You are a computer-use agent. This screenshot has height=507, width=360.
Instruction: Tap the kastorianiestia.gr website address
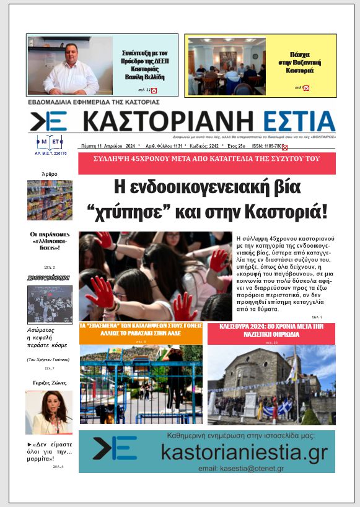coord(244,452)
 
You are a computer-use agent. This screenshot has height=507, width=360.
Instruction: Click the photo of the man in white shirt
coord(70,66)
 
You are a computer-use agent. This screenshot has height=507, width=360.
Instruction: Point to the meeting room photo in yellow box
coord(226,66)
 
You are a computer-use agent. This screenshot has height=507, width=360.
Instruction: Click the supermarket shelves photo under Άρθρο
coord(50,200)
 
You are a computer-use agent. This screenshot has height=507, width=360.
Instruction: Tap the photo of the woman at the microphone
coord(49,412)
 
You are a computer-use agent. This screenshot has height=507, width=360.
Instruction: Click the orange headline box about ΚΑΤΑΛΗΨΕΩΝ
coord(141,332)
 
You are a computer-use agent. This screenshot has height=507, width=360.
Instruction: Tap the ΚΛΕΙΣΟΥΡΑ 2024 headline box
coord(271,332)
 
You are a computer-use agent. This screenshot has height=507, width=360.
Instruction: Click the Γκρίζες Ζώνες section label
coord(50,383)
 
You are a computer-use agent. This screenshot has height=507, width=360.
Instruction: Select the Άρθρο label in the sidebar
coord(49,175)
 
